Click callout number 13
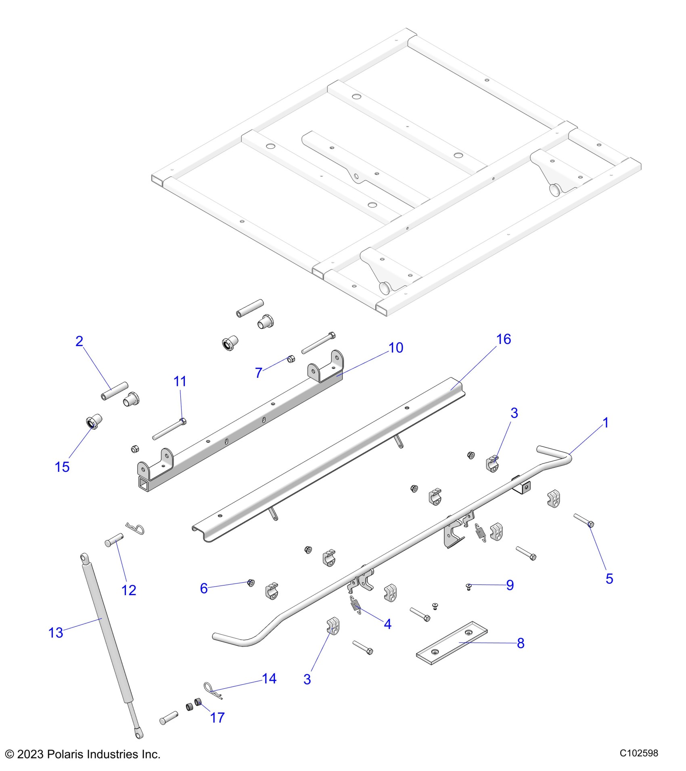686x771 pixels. click(x=56, y=633)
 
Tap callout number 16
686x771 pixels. click(x=504, y=339)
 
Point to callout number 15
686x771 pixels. click(x=62, y=467)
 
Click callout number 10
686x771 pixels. click(x=396, y=348)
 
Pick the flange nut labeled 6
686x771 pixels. click(x=251, y=583)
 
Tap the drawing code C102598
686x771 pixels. click(x=639, y=753)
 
